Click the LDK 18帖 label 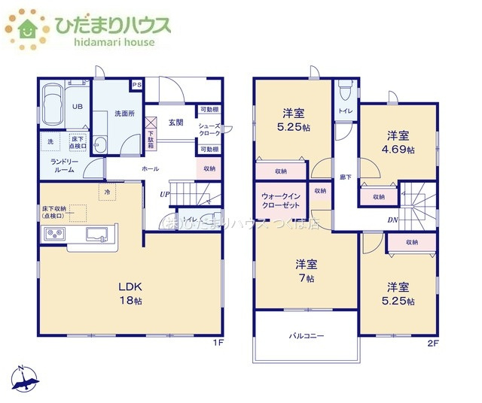[130, 293]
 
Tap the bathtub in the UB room [51, 105]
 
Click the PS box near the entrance [136, 85]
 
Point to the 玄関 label [176, 122]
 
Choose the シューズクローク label [209, 130]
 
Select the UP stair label [163, 195]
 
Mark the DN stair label [392, 220]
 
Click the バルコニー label [307, 336]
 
